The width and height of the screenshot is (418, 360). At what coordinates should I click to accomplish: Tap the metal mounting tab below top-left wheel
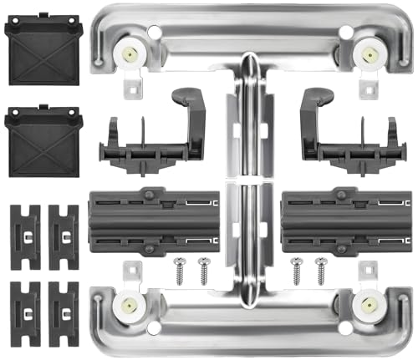click(134, 86)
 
